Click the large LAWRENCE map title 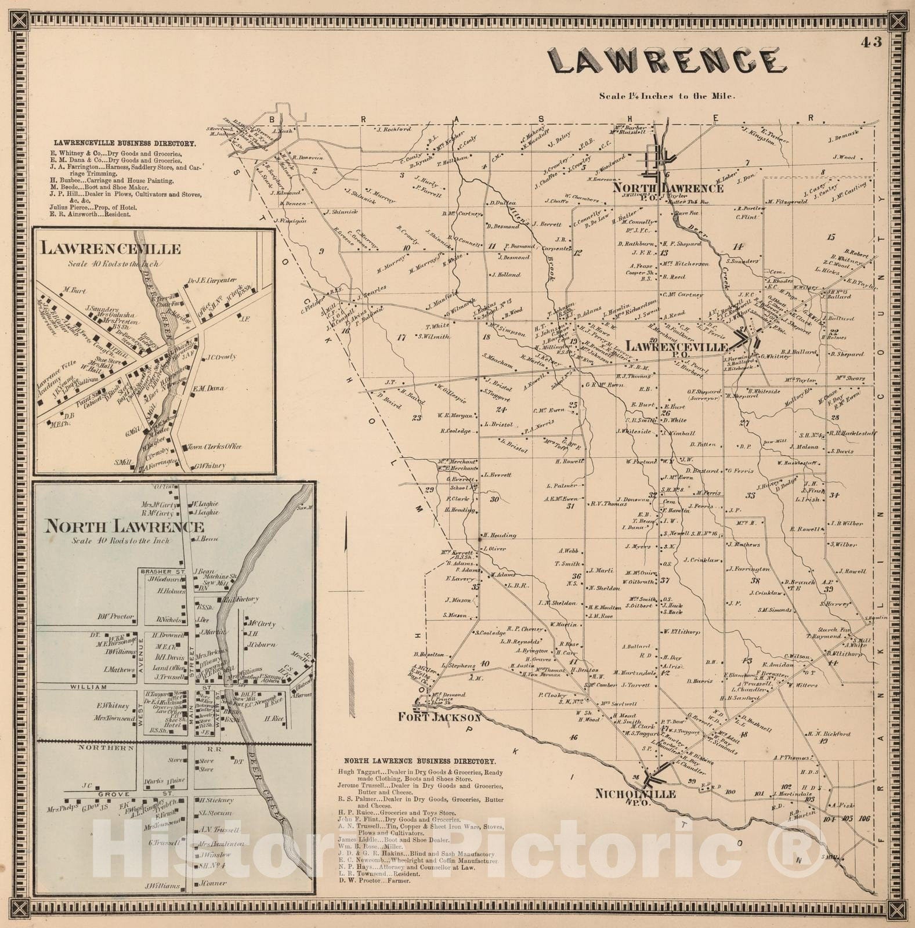point(667,61)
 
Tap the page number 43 point(872,42)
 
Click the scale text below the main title point(667,96)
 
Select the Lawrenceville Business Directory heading point(125,143)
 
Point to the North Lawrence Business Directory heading point(420,761)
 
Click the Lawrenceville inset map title point(110,249)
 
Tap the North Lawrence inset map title point(125,527)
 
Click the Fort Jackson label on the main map point(439,717)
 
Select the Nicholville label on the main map point(635,793)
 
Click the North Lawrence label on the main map point(668,188)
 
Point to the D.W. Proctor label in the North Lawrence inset point(115,617)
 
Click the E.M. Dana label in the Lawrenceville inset point(208,389)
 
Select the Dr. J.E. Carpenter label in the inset point(212,280)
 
